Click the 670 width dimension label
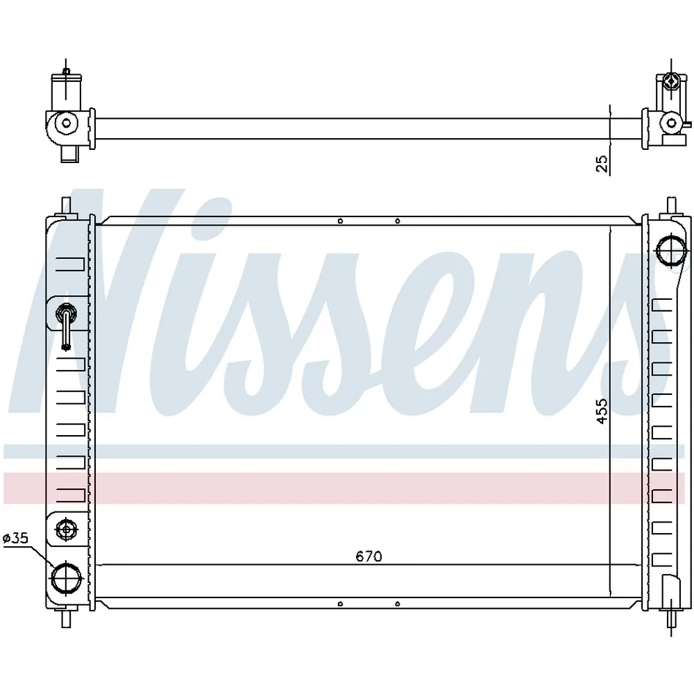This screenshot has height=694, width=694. point(369,556)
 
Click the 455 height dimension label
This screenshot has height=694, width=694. point(602,411)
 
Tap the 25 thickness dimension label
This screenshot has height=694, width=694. point(602,164)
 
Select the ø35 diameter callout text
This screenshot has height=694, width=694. point(15,539)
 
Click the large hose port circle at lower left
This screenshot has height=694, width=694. point(67,577)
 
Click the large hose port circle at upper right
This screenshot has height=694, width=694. point(671,251)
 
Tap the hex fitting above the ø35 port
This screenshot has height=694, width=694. point(67,529)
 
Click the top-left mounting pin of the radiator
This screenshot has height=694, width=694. point(66,208)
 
